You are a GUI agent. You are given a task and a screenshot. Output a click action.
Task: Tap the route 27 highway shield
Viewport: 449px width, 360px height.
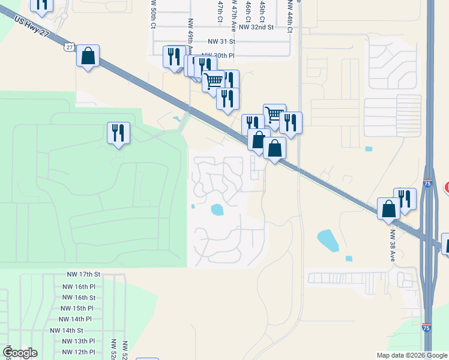coord(70,47)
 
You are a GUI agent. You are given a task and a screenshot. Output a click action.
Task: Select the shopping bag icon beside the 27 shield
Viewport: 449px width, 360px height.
coord(88,56)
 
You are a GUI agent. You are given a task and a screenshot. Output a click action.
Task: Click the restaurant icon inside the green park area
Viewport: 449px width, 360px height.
coord(118,133)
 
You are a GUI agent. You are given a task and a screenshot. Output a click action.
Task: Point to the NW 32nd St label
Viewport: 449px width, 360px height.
coord(256,27)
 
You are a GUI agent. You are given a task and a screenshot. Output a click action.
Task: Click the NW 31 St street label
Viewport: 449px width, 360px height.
coord(223,41)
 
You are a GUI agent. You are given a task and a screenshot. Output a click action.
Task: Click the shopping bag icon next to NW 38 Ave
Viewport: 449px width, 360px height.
coord(389,209)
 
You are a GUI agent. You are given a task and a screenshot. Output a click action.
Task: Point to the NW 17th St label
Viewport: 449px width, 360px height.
coord(83,274)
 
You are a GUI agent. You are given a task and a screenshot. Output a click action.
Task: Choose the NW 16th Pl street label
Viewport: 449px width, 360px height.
coord(79,286)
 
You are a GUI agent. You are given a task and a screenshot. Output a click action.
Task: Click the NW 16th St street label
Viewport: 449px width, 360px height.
coord(79,298)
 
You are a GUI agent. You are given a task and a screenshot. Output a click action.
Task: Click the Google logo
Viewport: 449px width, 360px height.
coord(20,353)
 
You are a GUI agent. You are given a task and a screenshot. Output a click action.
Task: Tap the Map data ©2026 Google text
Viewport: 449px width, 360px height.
coord(411,355)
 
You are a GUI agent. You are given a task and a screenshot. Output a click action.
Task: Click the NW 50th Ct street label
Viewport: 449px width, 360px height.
coord(154,14)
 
